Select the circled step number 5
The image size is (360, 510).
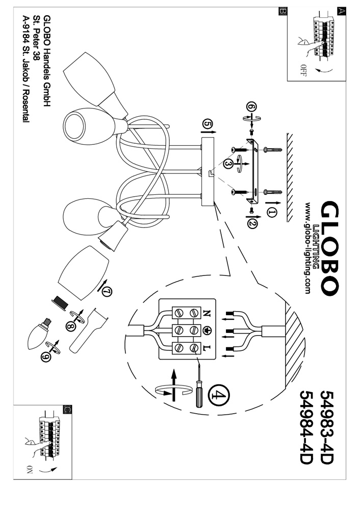click(207, 124)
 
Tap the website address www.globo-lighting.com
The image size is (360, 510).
click(307, 247)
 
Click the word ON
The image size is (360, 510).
click(29, 469)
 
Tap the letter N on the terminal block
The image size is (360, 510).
click(207, 313)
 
